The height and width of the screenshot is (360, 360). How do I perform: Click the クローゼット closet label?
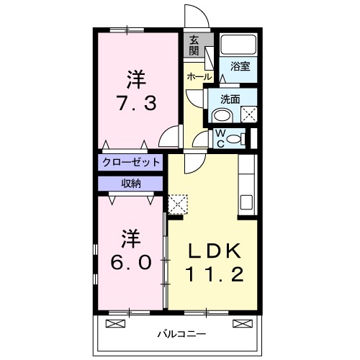(131, 161)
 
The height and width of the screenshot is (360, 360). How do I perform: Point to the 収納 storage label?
(131, 183)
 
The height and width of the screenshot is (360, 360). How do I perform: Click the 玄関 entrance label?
(194, 47)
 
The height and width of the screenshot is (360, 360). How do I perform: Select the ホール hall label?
(199, 76)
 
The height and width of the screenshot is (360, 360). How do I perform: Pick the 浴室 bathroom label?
(240, 66)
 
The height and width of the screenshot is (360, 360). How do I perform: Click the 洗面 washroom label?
(230, 99)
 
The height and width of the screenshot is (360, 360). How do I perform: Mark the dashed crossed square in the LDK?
(177, 204)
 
